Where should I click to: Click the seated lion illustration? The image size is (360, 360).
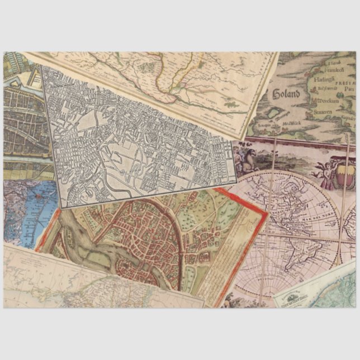click(246, 158)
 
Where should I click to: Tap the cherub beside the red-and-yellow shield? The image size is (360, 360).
click(326, 172)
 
